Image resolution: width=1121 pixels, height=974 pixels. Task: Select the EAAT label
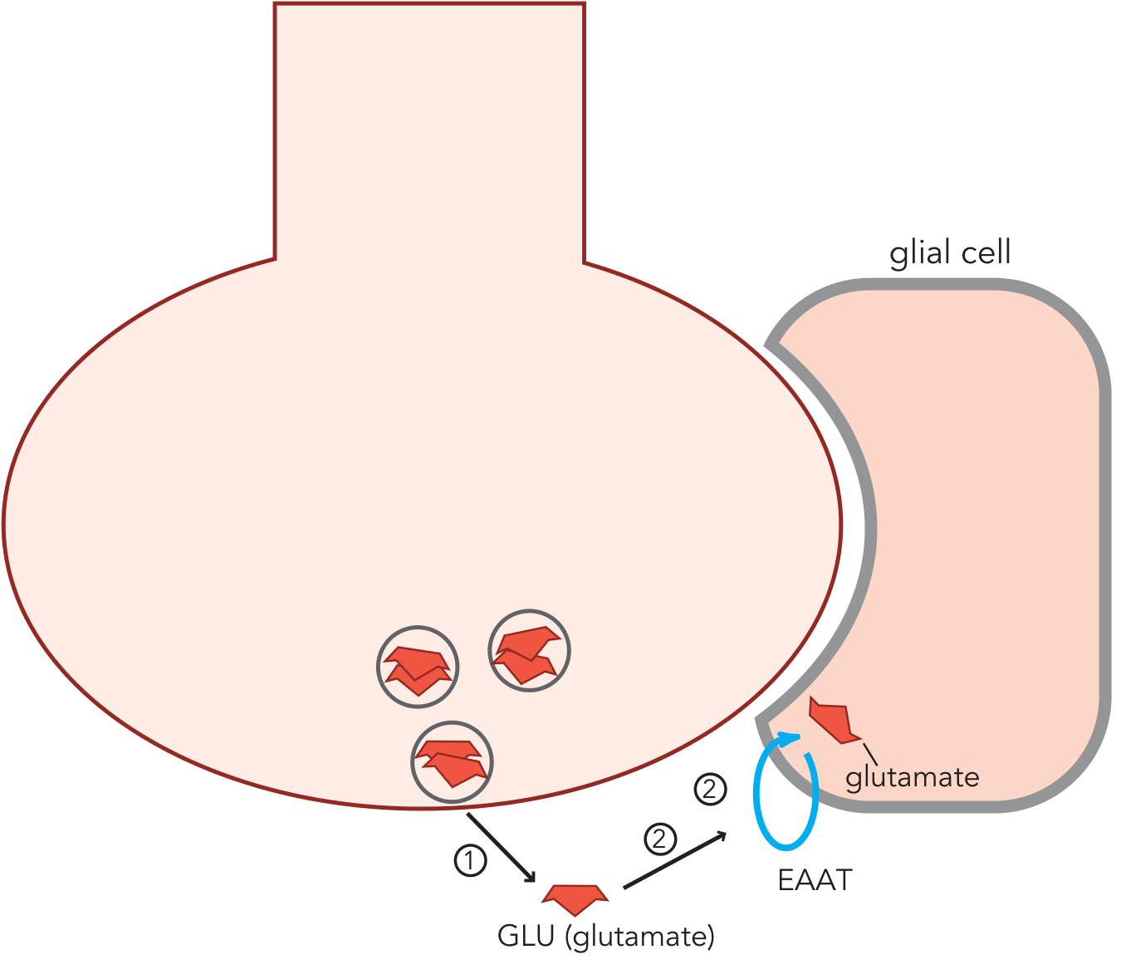[815, 880]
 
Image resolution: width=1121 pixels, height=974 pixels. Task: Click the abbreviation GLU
[526, 937]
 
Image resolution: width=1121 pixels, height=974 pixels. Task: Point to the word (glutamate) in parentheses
[639, 937]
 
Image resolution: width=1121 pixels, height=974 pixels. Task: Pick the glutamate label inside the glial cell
[912, 777]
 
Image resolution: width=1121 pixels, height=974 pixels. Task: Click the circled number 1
[470, 860]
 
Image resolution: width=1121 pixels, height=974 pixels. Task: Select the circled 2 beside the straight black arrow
[660, 839]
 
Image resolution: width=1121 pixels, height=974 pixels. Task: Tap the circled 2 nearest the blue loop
[710, 789]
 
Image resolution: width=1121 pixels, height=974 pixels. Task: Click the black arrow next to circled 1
[501, 847]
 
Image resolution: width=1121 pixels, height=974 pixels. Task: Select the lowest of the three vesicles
[452, 761]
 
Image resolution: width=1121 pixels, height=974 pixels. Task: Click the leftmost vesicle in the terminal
[418, 667]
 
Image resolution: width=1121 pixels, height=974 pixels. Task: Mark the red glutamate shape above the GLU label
[575, 898]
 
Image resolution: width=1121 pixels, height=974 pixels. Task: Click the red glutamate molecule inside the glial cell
[833, 719]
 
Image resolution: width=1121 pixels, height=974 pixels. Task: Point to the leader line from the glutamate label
[869, 754]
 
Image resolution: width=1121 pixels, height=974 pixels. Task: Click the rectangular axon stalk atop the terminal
[429, 133]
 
